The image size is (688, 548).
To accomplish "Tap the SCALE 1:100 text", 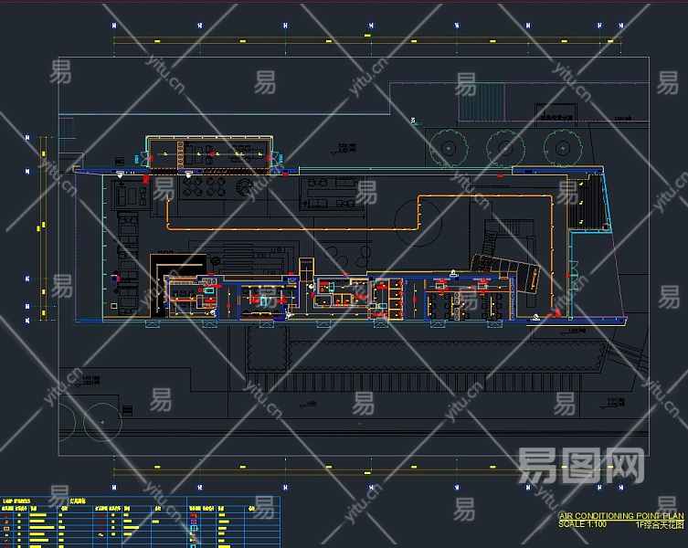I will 582,524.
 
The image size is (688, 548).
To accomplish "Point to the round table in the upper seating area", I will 248,187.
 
